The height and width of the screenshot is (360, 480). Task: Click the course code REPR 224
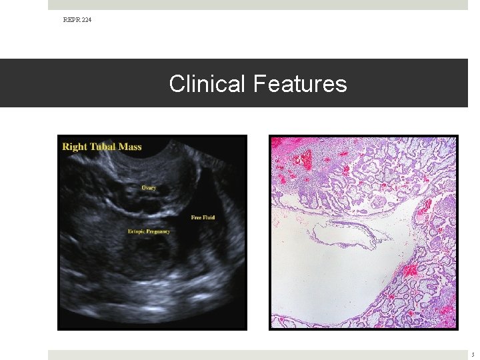point(77,20)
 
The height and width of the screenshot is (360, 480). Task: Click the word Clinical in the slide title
point(208,84)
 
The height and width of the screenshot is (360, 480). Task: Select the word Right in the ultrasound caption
point(75,146)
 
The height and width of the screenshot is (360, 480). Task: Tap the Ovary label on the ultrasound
point(149,188)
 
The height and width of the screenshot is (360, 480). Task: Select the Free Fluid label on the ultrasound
point(203,217)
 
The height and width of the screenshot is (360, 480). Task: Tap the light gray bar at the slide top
point(257,5)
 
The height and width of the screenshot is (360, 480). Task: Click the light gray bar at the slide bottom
point(257,355)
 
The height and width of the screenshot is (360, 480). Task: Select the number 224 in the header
point(87,20)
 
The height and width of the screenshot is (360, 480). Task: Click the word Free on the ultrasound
point(196,217)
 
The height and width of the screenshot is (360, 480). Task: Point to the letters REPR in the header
point(71,20)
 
